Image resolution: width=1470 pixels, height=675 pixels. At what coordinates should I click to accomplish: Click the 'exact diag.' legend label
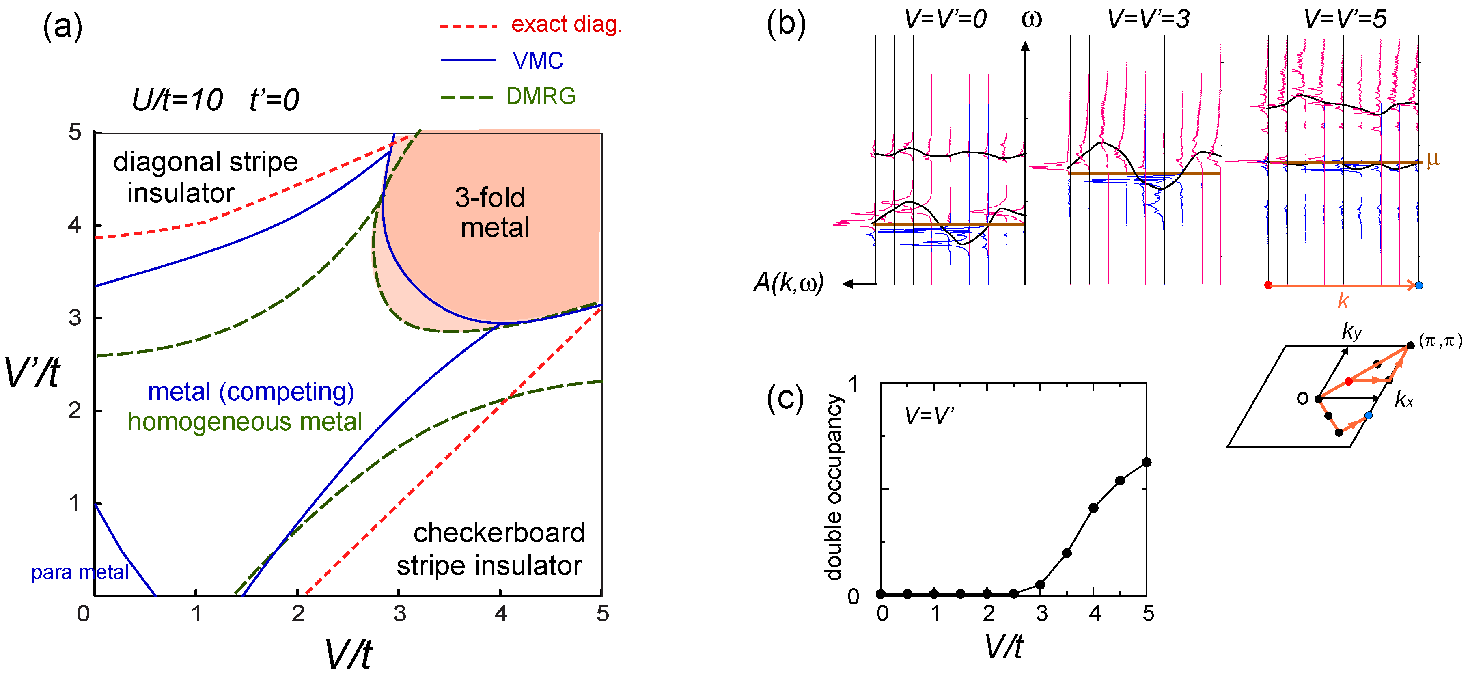point(566,24)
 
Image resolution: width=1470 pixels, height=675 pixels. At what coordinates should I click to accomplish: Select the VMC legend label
point(538,60)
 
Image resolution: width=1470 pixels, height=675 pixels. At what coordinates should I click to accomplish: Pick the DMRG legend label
point(541,97)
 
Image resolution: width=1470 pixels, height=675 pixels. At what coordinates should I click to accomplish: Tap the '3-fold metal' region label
point(492,212)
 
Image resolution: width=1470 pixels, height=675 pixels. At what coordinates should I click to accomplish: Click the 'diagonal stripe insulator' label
point(205,177)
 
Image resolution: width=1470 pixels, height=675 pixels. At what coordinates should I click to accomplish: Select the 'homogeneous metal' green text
point(244,422)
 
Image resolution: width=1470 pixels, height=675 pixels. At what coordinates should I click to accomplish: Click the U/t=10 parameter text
point(177,100)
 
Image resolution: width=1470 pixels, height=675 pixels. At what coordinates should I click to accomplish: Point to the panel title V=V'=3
point(1148,19)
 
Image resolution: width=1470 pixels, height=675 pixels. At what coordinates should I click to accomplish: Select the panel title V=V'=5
point(1345,19)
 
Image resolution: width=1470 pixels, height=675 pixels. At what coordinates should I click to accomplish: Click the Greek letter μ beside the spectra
point(1433,160)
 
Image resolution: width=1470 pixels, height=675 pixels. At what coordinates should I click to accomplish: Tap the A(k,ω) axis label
point(789,283)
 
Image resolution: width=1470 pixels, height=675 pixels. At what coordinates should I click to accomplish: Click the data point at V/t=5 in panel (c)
point(1147,462)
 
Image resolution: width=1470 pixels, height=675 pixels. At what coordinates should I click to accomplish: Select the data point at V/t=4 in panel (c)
point(1093,508)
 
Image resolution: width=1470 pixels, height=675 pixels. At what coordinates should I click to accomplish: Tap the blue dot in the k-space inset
point(1368,415)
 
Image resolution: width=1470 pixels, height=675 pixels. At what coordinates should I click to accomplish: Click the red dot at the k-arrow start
point(1268,285)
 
